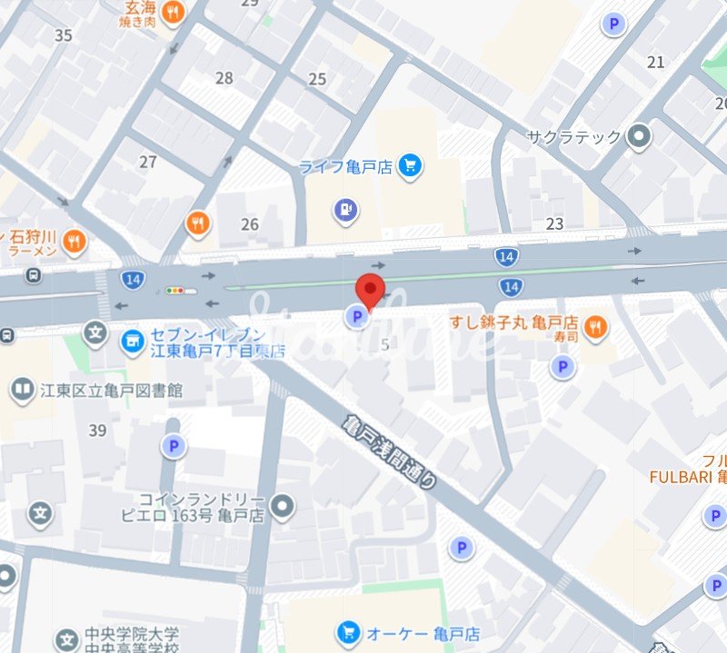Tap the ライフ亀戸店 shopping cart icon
[x=410, y=166]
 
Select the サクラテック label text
[x=575, y=137]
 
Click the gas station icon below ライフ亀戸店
[x=344, y=211]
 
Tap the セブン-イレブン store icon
[x=133, y=341]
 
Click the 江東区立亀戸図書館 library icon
[x=22, y=391]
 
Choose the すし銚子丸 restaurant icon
[x=595, y=328]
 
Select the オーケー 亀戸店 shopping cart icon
[x=348, y=632]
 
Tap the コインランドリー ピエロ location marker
[x=284, y=504]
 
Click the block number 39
[x=98, y=430]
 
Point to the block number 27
[x=148, y=162]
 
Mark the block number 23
[x=554, y=223]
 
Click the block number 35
[x=63, y=35]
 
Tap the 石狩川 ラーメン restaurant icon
[x=75, y=241]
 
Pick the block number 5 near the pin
[x=385, y=344]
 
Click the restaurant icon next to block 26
[x=198, y=223]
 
